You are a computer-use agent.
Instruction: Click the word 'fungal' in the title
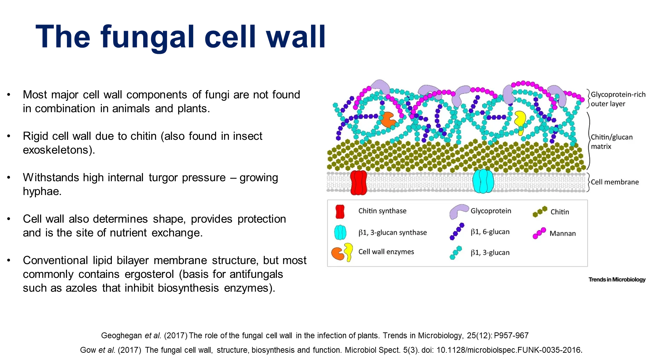(x=147, y=37)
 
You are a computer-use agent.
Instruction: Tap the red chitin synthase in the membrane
(x=358, y=182)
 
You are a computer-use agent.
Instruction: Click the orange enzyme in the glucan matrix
(x=388, y=119)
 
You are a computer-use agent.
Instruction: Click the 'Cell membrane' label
(x=614, y=182)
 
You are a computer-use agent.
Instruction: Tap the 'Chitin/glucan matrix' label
(x=611, y=142)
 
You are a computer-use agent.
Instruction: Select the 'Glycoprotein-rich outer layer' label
(x=618, y=99)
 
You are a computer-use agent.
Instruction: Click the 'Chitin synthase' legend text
(x=382, y=211)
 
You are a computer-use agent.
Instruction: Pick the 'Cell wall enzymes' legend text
(x=386, y=252)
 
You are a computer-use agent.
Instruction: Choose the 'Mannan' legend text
(x=562, y=234)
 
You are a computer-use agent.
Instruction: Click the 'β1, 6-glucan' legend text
(x=490, y=232)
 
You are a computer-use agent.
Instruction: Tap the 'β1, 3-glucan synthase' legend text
(x=392, y=233)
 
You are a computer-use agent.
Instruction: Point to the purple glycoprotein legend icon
(x=458, y=211)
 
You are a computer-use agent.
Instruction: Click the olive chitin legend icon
(x=540, y=212)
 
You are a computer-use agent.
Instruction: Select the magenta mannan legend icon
(x=539, y=233)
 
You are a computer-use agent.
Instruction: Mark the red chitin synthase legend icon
(x=340, y=212)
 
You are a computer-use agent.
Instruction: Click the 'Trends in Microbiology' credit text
(x=617, y=280)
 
